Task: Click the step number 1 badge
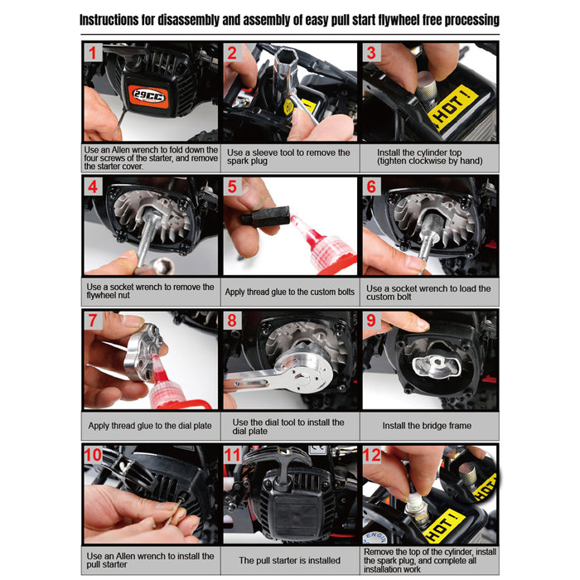(94, 56)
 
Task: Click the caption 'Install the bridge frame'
(427, 425)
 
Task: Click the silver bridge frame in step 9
(428, 368)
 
